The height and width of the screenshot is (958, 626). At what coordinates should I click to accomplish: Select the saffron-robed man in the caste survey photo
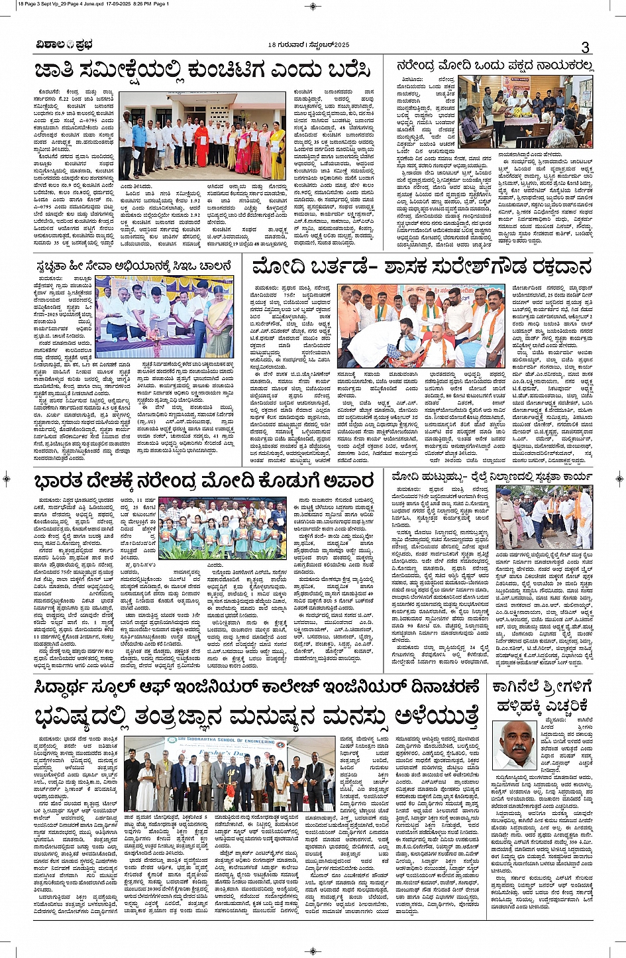coord(201,144)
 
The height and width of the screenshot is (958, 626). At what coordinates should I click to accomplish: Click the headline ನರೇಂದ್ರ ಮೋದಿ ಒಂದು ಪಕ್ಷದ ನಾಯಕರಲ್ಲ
coord(494,66)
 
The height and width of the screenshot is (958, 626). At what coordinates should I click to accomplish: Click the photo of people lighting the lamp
coord(164,318)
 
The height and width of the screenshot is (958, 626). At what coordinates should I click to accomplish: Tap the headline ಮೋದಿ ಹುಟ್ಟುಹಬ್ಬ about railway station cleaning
coord(492,477)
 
